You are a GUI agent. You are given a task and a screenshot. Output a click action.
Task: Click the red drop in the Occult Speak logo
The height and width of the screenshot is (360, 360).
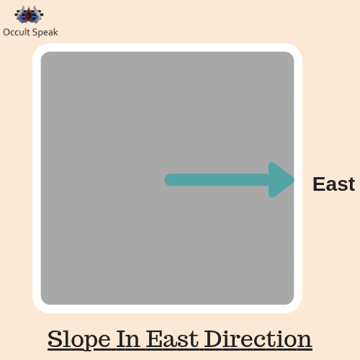[29, 14]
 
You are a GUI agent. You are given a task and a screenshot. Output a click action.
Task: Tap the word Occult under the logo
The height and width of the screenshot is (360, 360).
[17, 32]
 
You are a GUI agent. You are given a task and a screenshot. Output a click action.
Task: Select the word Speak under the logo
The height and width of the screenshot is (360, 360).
[45, 32]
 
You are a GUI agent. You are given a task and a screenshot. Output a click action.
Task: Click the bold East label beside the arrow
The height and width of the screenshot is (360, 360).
[334, 184]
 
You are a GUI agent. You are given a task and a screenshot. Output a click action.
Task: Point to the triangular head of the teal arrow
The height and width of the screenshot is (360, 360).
[280, 180]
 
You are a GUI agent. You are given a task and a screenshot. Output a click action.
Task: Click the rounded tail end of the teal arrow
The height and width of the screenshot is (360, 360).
[168, 180]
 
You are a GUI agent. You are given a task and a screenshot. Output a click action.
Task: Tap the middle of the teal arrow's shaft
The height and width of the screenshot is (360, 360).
[217, 180]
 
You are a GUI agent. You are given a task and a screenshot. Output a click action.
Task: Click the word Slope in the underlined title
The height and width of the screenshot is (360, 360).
[79, 340]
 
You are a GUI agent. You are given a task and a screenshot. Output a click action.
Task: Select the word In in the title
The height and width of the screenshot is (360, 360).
[128, 339]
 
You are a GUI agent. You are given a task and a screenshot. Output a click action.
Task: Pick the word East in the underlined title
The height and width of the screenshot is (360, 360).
[172, 339]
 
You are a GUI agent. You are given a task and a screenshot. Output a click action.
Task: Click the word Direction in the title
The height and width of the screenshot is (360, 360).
[258, 339]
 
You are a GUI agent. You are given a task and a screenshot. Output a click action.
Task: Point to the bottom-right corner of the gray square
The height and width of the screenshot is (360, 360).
[291, 302]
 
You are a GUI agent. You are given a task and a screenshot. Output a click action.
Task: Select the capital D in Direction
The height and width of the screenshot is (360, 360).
[215, 339]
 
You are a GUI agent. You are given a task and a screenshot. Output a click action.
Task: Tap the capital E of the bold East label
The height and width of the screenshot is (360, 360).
[319, 184]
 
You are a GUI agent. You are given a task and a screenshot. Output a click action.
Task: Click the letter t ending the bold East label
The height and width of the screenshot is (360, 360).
[351, 185]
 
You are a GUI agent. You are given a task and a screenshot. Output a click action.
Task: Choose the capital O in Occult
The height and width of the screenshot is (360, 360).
[6, 32]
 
